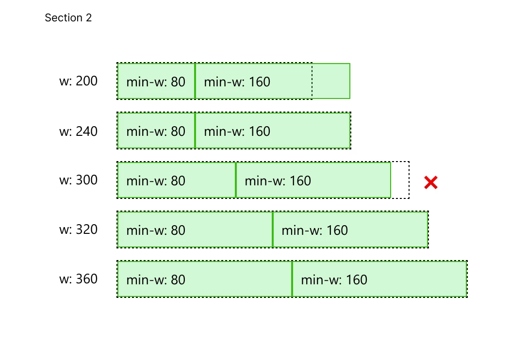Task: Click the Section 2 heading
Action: click(x=68, y=18)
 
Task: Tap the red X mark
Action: click(x=431, y=182)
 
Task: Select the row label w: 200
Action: click(x=78, y=81)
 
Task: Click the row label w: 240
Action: click(x=78, y=131)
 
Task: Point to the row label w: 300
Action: click(x=78, y=180)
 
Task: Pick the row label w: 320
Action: click(x=78, y=229)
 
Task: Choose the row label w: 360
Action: click(x=78, y=279)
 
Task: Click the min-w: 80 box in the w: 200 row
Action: click(x=156, y=81)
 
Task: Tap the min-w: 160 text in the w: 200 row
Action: click(x=237, y=82)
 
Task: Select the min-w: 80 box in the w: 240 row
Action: click(x=156, y=131)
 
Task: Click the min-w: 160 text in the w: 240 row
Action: click(x=237, y=131)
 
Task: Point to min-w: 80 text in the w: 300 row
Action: click(x=156, y=181)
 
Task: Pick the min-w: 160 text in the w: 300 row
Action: click(x=278, y=181)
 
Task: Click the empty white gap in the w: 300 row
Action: click(x=400, y=180)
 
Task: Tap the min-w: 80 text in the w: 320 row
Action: click(x=156, y=230)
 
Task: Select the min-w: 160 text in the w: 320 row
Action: click(x=314, y=230)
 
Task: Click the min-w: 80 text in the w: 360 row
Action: click(x=156, y=280)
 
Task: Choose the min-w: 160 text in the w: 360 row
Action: click(x=334, y=280)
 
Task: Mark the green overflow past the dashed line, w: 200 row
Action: click(x=331, y=81)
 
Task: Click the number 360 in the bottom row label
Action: click(x=86, y=279)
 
